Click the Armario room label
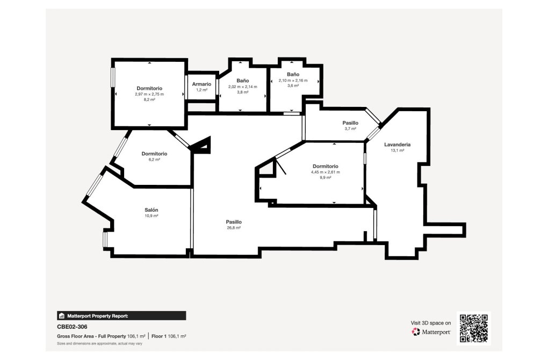pyautogui.click(x=202, y=84)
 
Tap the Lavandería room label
pyautogui.click(x=398, y=145)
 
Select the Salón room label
pyautogui.click(x=151, y=210)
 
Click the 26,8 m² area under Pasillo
pyautogui.click(x=233, y=228)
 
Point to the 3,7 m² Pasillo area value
pyautogui.click(x=350, y=129)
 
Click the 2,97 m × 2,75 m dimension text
pyautogui.click(x=149, y=94)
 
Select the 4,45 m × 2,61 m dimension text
pyautogui.click(x=325, y=172)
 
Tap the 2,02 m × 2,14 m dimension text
pyautogui.click(x=242, y=87)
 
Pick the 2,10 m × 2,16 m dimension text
pyautogui.click(x=293, y=80)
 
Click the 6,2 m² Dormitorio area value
pyautogui.click(x=155, y=160)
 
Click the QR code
pyautogui.click(x=473, y=328)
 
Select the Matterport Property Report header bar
pyautogui.click(x=121, y=316)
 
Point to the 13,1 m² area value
pyautogui.click(x=398, y=151)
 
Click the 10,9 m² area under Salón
pyautogui.click(x=151, y=216)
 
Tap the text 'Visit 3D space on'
pyautogui.click(x=431, y=323)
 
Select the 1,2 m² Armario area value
pyautogui.click(x=202, y=90)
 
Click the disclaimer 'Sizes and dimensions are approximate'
pyautogui.click(x=99, y=343)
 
